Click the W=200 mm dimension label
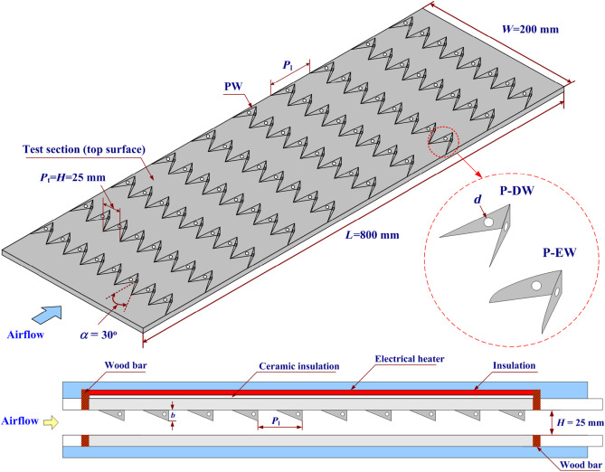[534, 28]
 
